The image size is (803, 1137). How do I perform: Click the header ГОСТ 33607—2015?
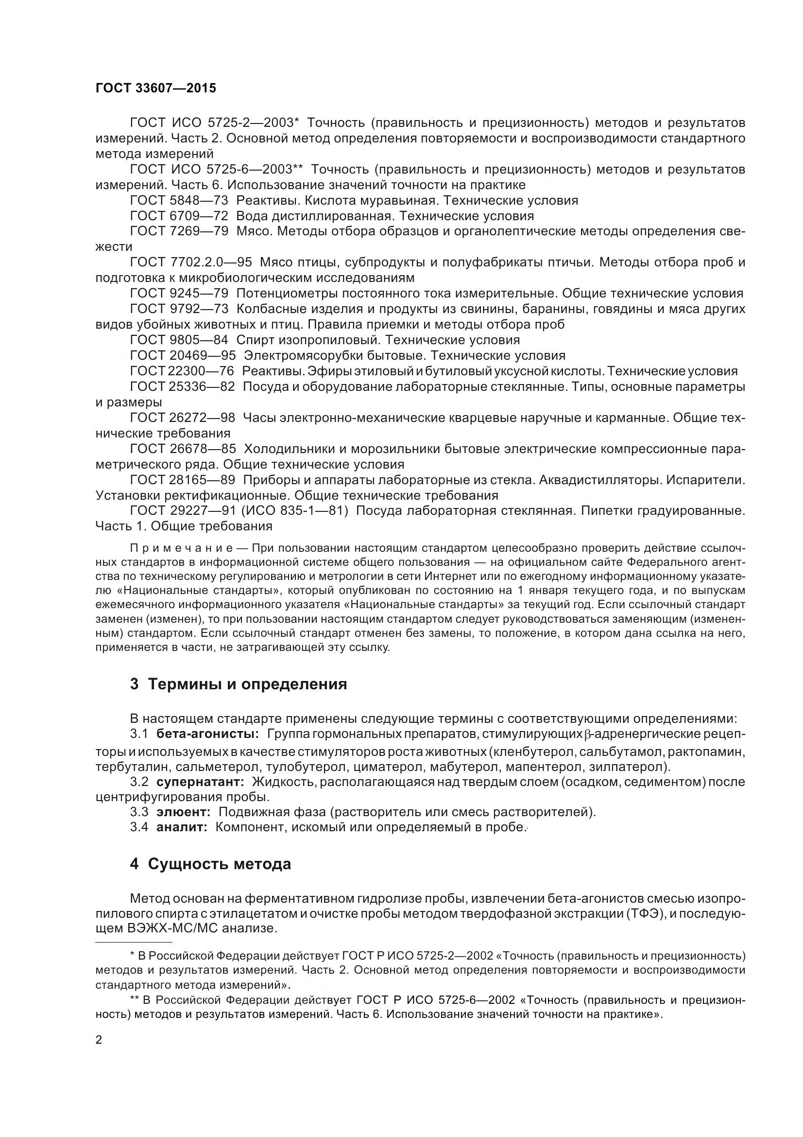click(156, 88)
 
